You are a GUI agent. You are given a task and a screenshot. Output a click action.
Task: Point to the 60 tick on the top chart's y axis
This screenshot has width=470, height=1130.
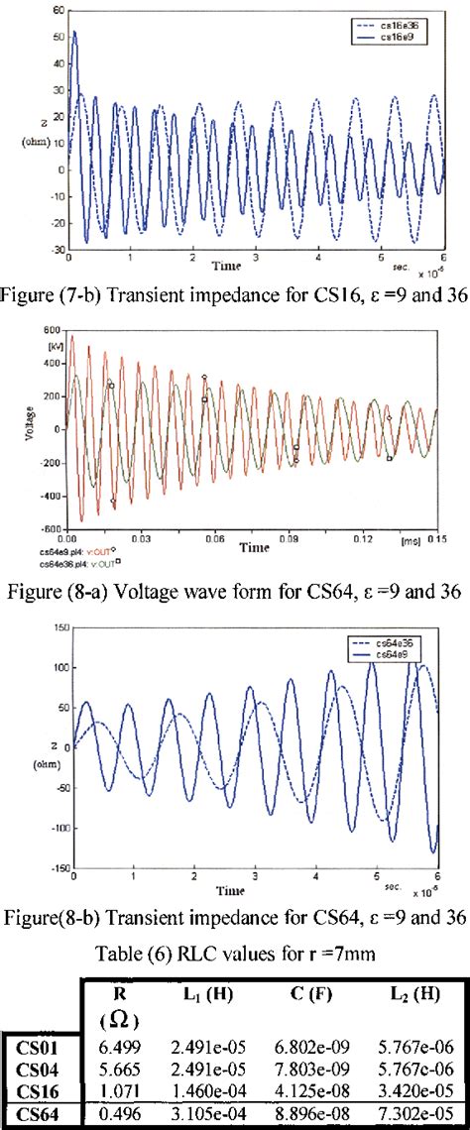(58, 8)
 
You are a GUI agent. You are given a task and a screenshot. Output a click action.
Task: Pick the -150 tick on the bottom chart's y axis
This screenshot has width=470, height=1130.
(59, 867)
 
